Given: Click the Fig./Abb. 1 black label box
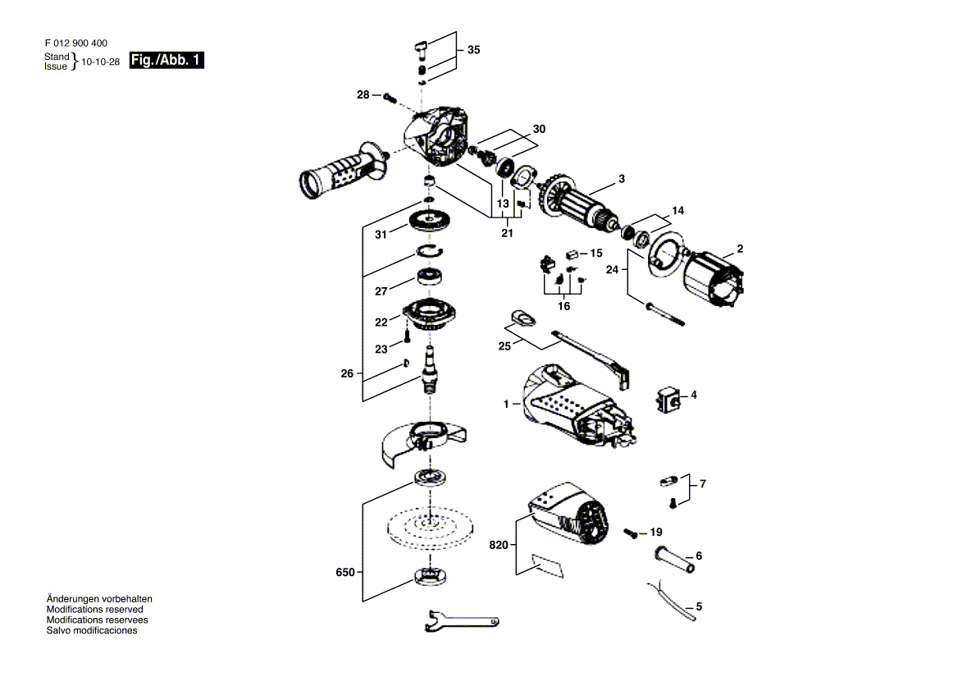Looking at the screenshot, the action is (x=167, y=60).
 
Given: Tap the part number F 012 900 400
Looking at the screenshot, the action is (x=75, y=43).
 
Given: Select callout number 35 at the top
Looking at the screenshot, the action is (x=473, y=50).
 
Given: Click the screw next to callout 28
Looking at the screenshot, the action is (x=390, y=97).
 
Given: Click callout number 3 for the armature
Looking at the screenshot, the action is (x=622, y=179).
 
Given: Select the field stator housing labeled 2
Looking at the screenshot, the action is (x=713, y=279).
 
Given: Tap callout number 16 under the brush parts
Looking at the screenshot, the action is (x=563, y=305).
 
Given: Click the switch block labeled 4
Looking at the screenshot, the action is (x=669, y=399).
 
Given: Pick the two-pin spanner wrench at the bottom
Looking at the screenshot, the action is (x=461, y=620).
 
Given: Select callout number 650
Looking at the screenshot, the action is (x=345, y=573).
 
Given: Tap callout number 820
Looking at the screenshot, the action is (x=499, y=545).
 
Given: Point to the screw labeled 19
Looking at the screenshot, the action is (x=631, y=533).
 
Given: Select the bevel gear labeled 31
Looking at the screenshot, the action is (x=430, y=221).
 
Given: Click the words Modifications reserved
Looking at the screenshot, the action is (x=94, y=610).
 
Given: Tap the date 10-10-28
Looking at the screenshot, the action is (x=101, y=62).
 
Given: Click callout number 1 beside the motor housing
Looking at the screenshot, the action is (x=506, y=404).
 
